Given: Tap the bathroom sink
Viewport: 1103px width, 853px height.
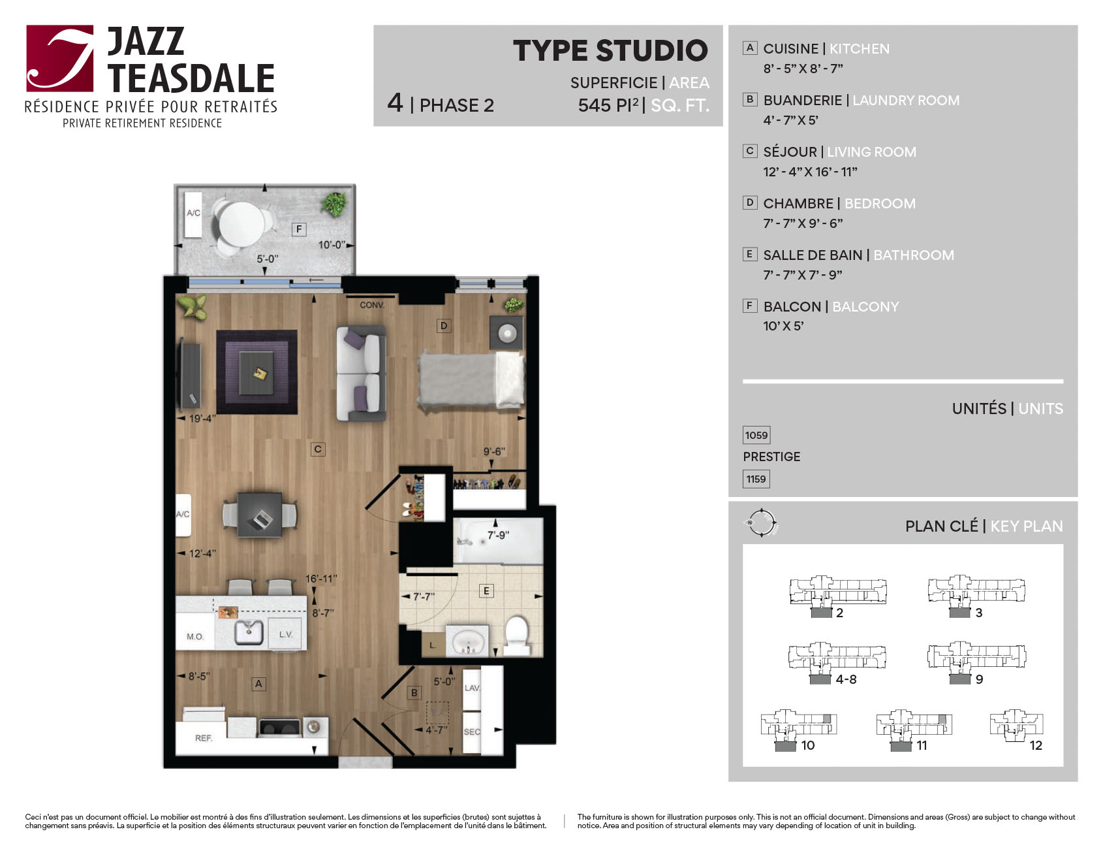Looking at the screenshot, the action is tap(467, 640).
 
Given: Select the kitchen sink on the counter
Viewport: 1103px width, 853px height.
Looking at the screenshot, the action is tap(249, 632).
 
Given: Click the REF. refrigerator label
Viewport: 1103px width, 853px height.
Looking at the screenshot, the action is tap(204, 738).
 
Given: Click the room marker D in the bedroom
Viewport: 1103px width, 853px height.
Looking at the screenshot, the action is tap(444, 325).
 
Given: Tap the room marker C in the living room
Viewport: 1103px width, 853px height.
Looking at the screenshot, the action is tap(318, 449).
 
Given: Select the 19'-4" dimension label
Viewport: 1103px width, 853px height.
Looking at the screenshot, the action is tap(202, 419).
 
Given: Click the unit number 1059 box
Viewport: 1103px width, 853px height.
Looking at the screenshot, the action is tap(756, 435).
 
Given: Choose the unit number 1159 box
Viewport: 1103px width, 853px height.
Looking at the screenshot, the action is tap(756, 479).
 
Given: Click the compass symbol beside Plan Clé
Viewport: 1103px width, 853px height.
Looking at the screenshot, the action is tap(761, 523).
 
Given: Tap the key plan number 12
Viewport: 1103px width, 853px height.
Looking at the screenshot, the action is tap(1036, 745).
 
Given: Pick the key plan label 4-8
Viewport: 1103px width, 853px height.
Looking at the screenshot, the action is tap(847, 679).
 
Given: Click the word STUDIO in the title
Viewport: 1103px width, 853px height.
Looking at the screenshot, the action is tap(652, 50).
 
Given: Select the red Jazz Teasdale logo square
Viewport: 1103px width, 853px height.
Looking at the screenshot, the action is tap(60, 58).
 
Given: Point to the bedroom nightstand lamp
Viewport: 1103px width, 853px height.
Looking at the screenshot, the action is tap(507, 333).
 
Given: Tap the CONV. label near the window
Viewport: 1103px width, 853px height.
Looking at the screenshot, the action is tap(372, 305).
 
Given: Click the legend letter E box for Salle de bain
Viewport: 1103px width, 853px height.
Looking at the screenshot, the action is tap(750, 254).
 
